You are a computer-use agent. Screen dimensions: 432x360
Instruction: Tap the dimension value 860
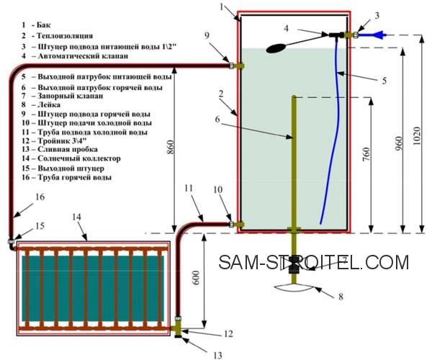pyautogui.click(x=171, y=147)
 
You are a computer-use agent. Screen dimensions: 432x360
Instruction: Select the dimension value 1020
pyautogui.click(x=417, y=136)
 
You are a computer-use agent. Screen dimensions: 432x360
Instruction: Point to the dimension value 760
pyautogui.click(x=366, y=155)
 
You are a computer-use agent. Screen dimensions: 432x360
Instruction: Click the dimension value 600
pyautogui.click(x=195, y=278)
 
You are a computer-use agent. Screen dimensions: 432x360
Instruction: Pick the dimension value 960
pyautogui.click(x=399, y=143)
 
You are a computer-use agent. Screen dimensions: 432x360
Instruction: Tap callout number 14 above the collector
pyautogui.click(x=76, y=217)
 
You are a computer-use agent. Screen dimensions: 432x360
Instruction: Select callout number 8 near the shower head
pyautogui.click(x=341, y=297)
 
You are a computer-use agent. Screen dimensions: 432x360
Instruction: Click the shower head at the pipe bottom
pyautogui.click(x=294, y=288)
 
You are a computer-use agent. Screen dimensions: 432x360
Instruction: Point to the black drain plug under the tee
pyautogui.click(x=178, y=336)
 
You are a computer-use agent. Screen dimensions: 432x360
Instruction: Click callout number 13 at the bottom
pyautogui.click(x=217, y=355)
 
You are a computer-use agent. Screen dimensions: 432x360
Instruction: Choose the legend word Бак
pyautogui.click(x=43, y=25)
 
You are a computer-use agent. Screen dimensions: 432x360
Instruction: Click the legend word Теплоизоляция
pyautogui.click(x=65, y=35)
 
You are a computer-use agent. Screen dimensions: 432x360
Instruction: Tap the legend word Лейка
pyautogui.click(x=49, y=104)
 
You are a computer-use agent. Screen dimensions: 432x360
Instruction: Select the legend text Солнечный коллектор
pyautogui.click(x=79, y=158)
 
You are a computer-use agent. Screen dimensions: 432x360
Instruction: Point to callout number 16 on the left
pyautogui.click(x=40, y=197)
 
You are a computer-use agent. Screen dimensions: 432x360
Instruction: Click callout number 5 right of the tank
pyautogui.click(x=384, y=81)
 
